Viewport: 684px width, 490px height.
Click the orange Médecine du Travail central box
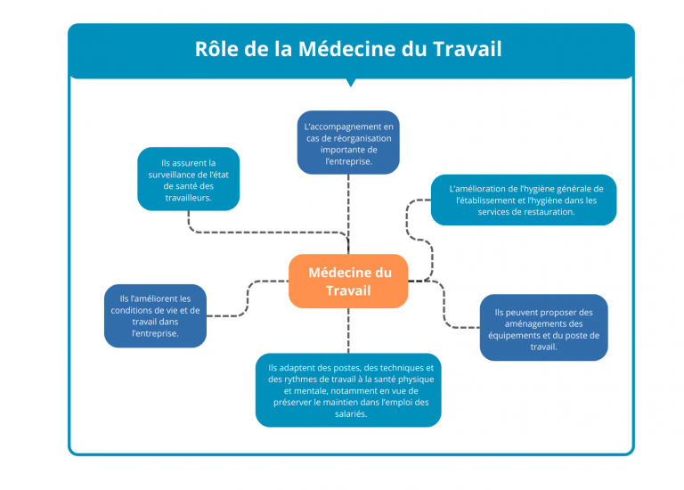coord(348,281)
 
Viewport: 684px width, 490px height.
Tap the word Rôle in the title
coord(216,48)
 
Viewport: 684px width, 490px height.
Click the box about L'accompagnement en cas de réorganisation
coord(348,143)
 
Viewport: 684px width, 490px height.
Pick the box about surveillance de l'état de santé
coord(189,179)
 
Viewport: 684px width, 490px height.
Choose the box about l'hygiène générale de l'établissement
coord(524,200)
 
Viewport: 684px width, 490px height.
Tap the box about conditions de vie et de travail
coord(155,316)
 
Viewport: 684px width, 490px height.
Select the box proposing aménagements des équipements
coord(543,327)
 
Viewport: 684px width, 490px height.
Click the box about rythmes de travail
coord(348,390)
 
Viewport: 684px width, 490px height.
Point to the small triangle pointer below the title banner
coord(350,83)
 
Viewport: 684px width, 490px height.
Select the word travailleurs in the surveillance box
coord(188,198)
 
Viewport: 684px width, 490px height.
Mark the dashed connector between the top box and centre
coord(348,214)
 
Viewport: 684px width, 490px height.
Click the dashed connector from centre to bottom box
coord(348,331)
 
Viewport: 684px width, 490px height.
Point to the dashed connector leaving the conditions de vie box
coord(248,298)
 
